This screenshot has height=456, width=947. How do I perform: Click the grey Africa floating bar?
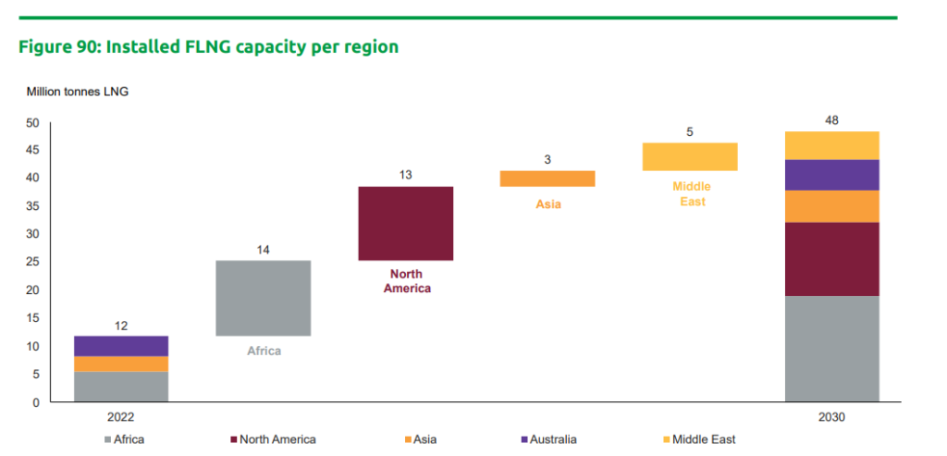coord(263,298)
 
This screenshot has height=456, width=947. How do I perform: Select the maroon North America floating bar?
coord(405,224)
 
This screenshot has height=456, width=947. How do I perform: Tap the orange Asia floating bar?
coord(547,179)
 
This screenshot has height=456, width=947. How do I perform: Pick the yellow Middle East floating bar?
coord(690,157)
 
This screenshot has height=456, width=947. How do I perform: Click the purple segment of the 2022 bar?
coord(121,346)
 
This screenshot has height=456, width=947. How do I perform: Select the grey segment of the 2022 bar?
coord(121,387)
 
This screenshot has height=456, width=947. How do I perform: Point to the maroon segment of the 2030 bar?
coord(831,259)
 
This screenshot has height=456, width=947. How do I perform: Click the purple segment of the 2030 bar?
coord(831,175)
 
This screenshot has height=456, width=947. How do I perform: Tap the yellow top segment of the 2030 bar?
coord(831,145)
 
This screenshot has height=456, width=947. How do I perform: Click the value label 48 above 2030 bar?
coord(831,120)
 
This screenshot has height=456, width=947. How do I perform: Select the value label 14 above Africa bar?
coord(263,250)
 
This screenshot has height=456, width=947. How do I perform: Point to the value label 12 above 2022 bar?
coord(121,326)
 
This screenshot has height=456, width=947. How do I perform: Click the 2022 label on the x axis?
coord(121,418)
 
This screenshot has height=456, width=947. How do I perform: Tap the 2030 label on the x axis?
coord(831,418)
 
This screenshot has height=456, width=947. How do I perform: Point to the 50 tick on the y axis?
coord(32,122)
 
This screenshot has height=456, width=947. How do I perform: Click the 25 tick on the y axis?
coord(32,263)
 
